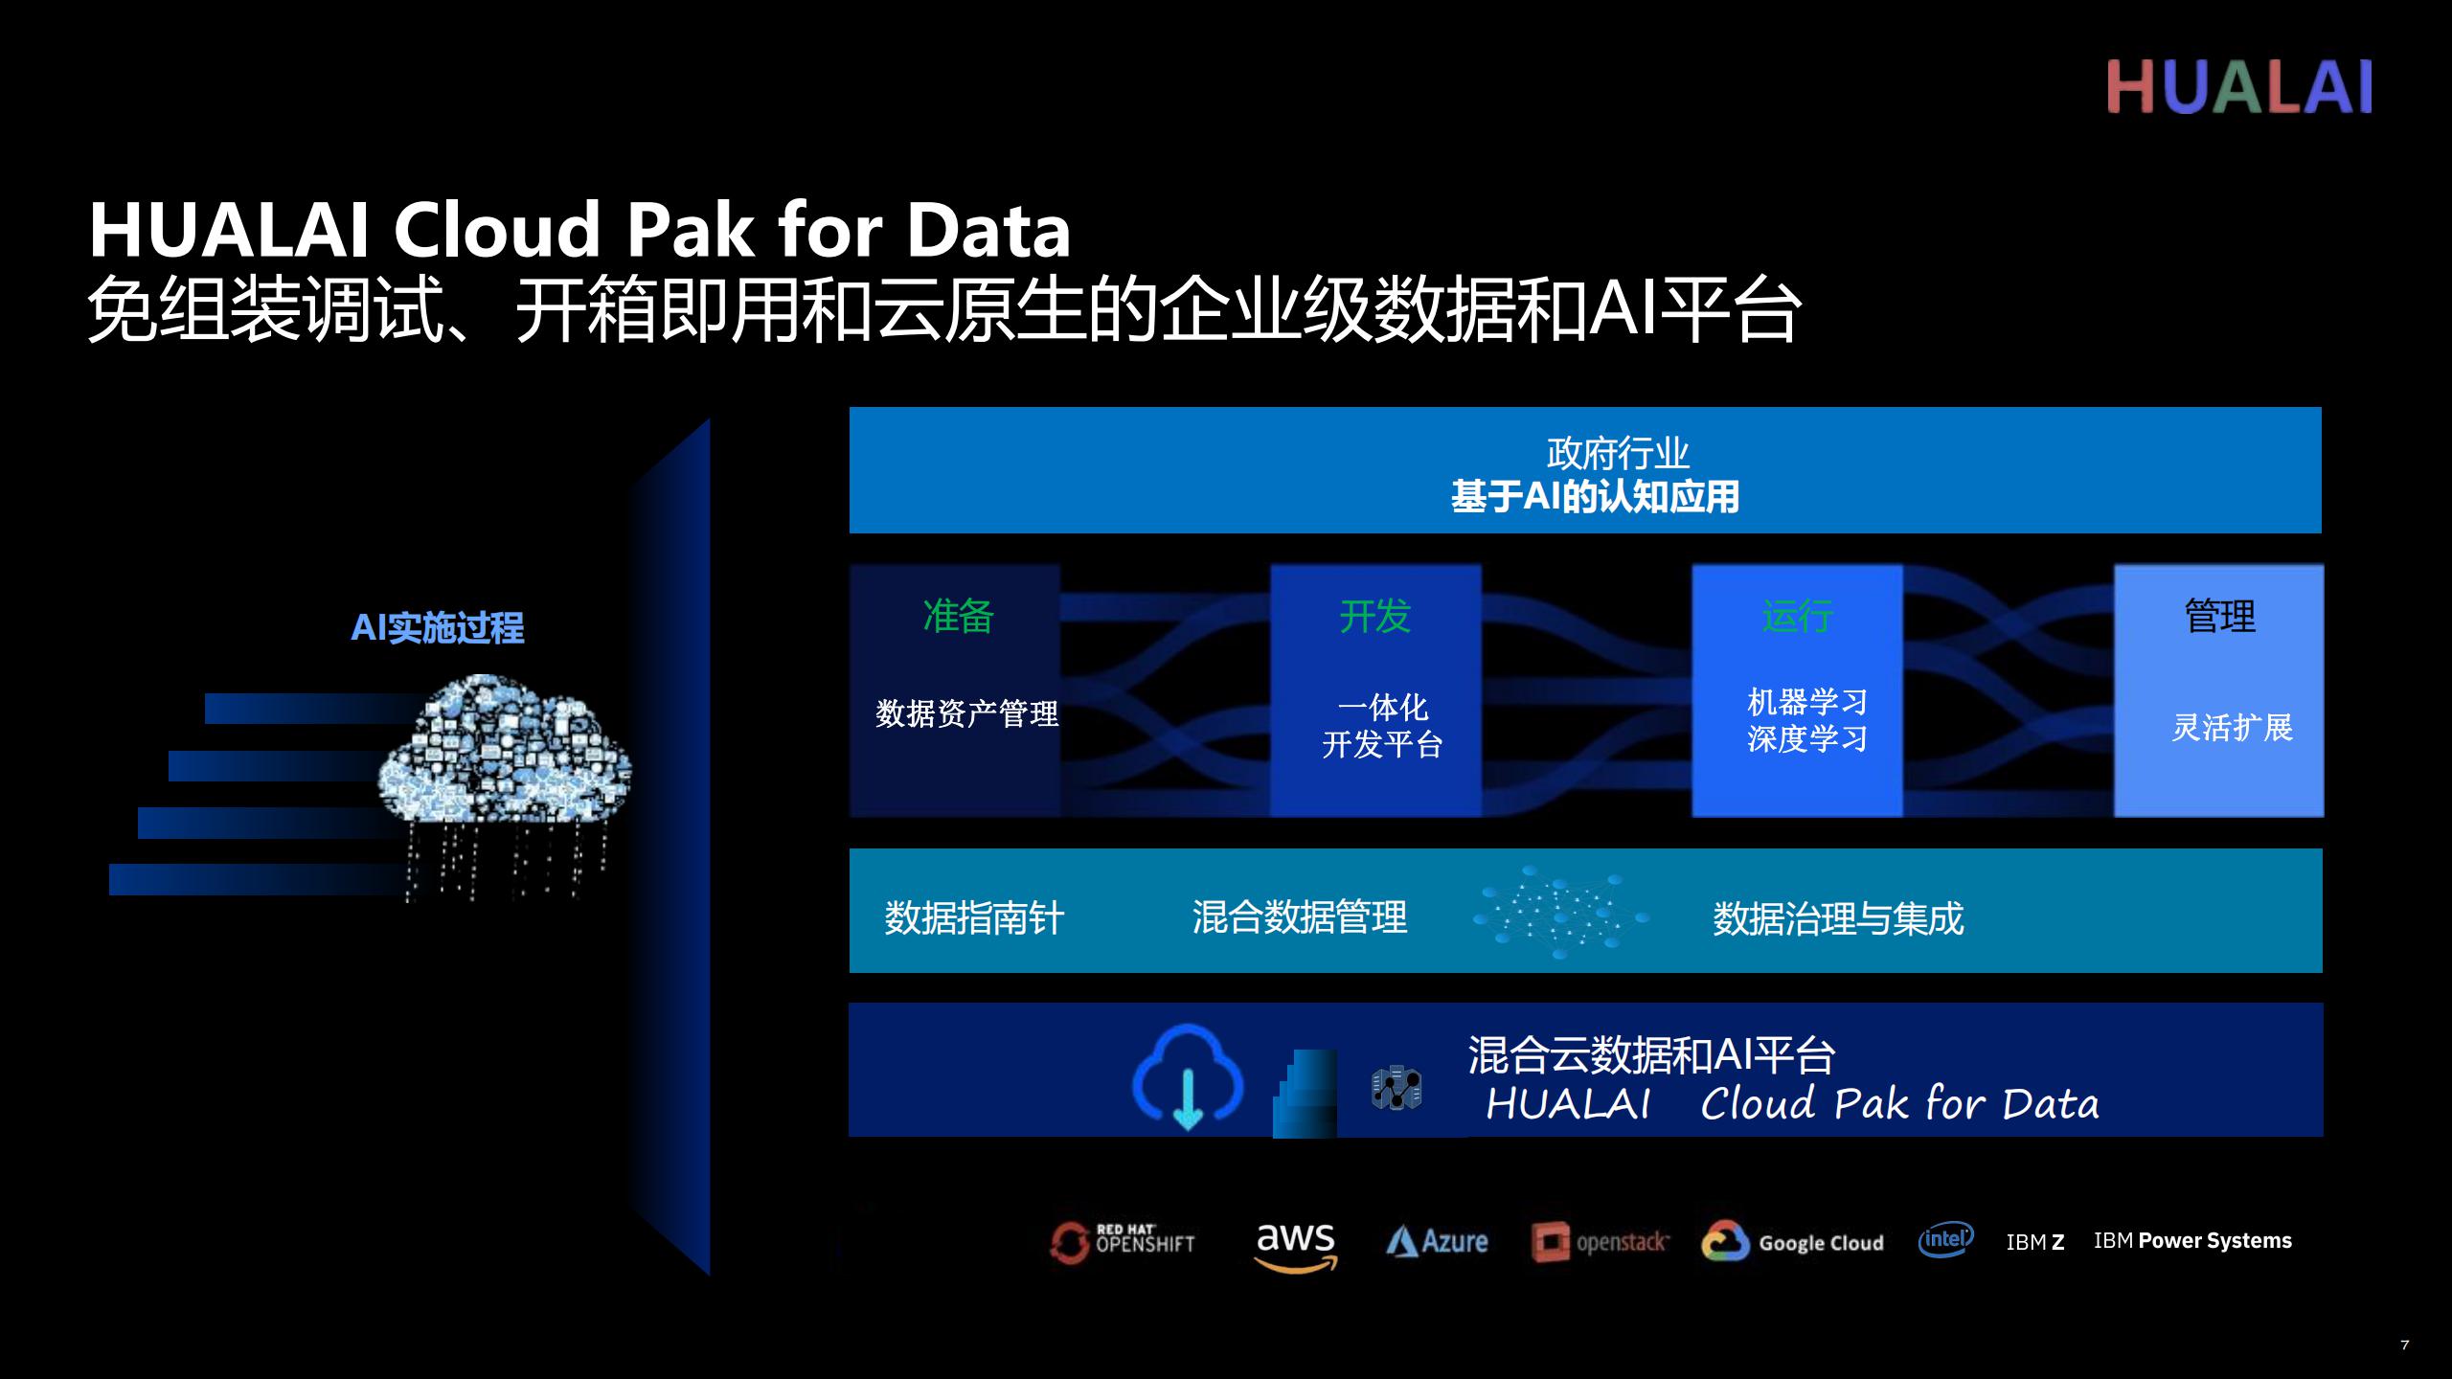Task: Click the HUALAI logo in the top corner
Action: pos(2239,87)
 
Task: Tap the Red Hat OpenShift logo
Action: pos(1123,1242)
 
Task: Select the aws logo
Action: pos(1295,1246)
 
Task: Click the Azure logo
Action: pos(1437,1242)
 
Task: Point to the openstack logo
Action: pos(1600,1242)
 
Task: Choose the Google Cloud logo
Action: pos(1792,1242)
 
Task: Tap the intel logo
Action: pos(1945,1239)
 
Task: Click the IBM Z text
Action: pos(2035,1242)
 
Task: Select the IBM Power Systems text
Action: pos(2192,1241)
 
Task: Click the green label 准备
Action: pos(958,616)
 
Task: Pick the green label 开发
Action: pos(1375,616)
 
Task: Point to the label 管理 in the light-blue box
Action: pos(2220,616)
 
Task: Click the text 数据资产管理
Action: pos(966,713)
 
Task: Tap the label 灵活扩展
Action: pos(2232,728)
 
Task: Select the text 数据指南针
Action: pos(974,917)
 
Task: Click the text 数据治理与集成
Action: pos(1838,918)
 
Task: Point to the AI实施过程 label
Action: pos(438,628)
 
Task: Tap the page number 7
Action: pos(2404,1345)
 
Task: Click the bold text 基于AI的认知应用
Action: pos(1595,497)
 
